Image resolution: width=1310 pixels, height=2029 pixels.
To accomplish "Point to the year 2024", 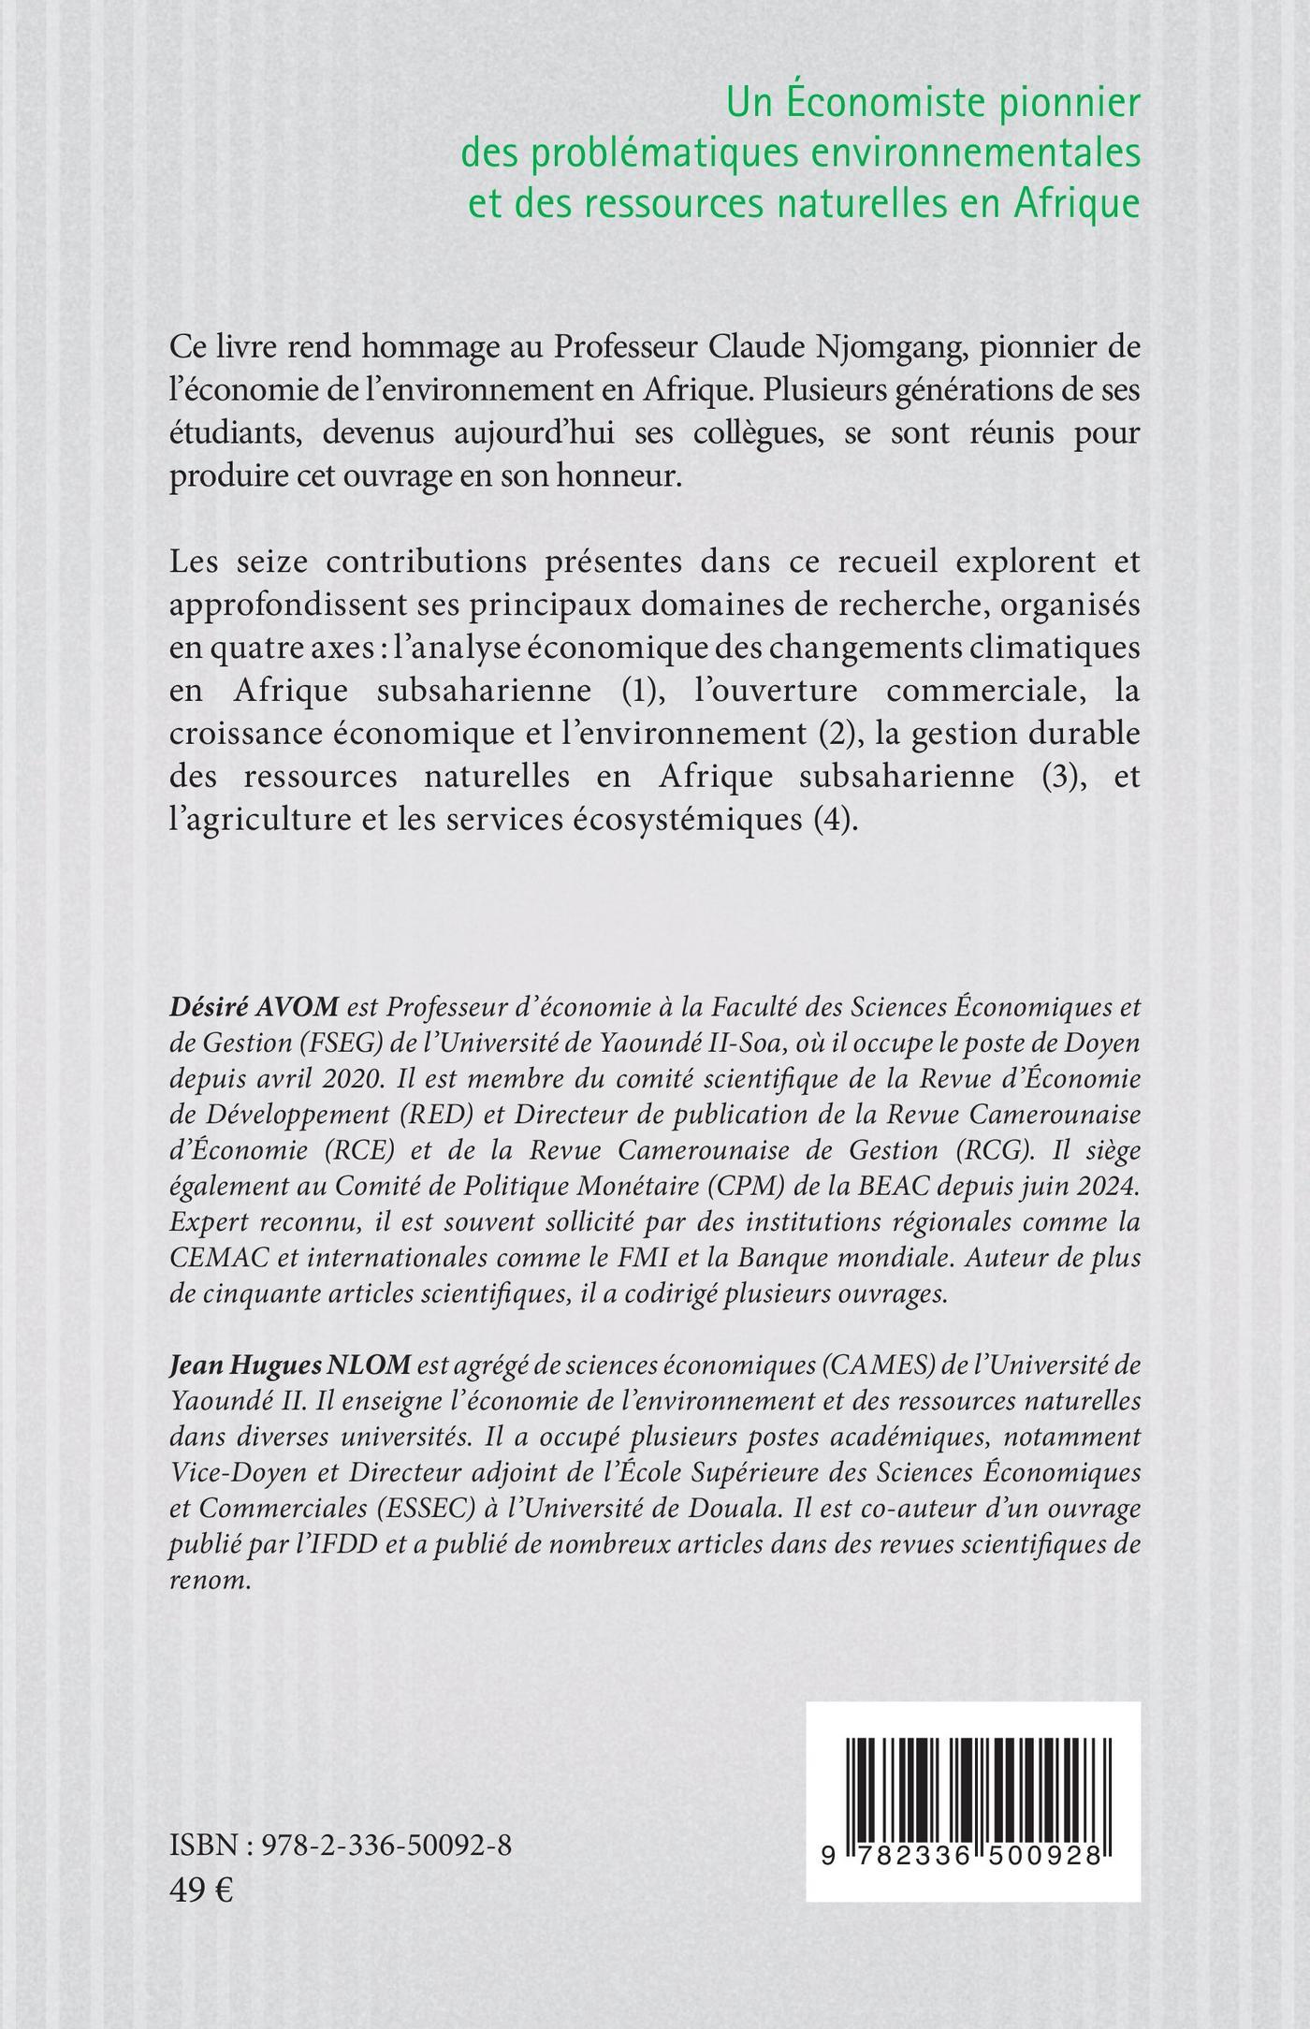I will click(x=1111, y=1186).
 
